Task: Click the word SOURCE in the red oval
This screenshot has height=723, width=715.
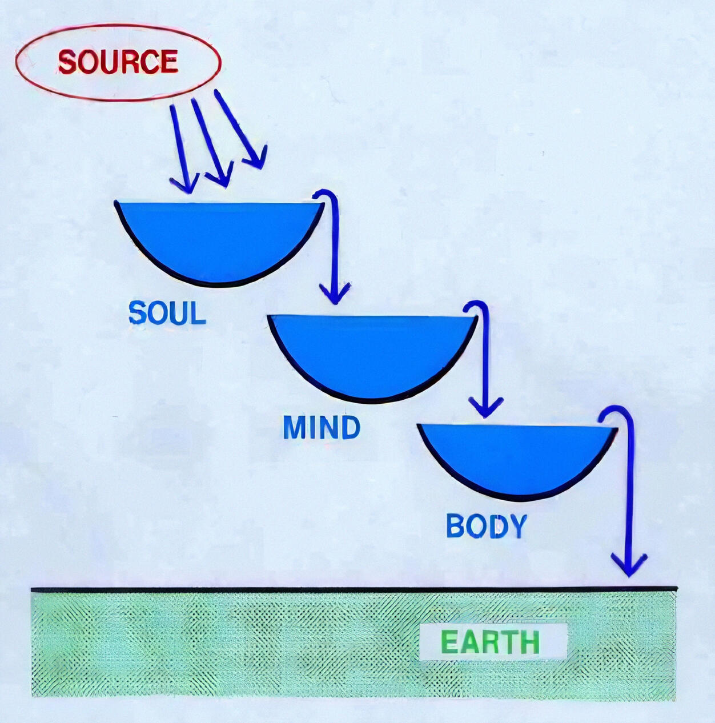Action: [118, 62]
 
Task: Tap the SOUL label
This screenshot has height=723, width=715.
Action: [167, 314]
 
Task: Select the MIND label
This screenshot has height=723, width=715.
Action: [322, 428]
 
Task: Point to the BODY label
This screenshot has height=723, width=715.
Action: [486, 526]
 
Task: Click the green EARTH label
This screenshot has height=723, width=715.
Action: [490, 642]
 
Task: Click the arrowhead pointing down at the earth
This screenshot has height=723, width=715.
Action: [629, 565]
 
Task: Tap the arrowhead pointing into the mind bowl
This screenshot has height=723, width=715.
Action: [335, 294]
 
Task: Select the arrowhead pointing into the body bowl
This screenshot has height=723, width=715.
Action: [485, 407]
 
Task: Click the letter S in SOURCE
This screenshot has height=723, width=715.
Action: [68, 62]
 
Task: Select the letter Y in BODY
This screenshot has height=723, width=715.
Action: [516, 526]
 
